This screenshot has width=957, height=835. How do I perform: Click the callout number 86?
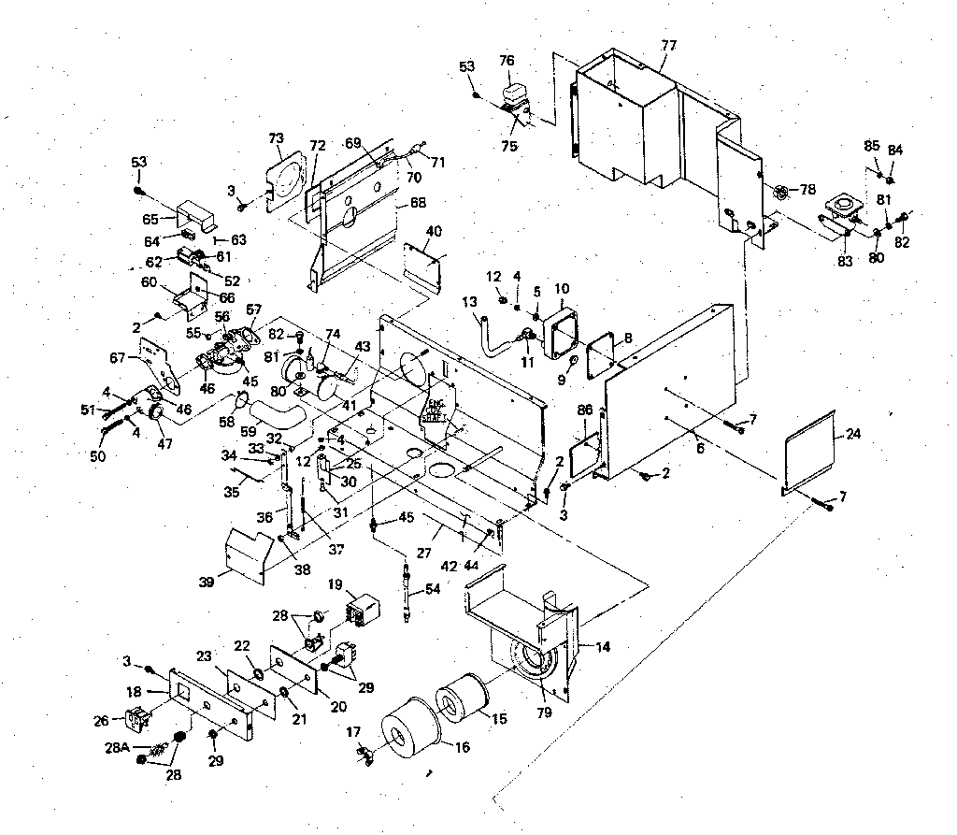pyautogui.click(x=585, y=410)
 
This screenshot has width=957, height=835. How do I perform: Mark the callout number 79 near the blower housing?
pyautogui.click(x=544, y=713)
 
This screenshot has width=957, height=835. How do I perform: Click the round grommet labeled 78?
pyautogui.click(x=778, y=192)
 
